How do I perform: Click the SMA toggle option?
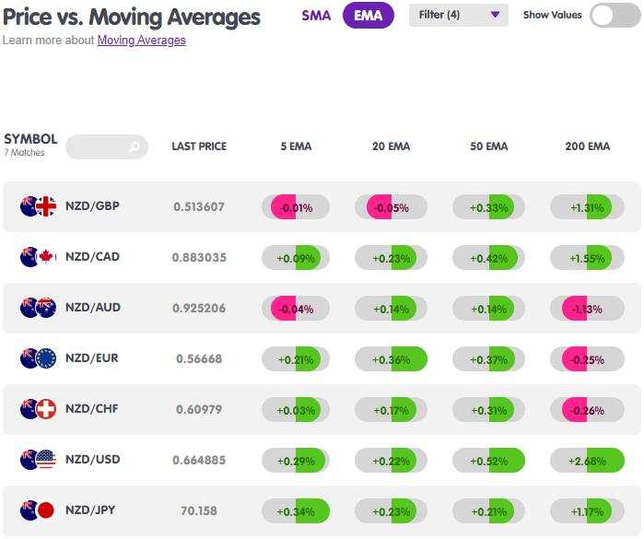(x=316, y=16)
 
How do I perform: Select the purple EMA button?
(x=368, y=16)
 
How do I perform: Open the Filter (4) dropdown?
(x=459, y=15)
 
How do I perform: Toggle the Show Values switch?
(x=615, y=15)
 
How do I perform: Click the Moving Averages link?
(x=141, y=41)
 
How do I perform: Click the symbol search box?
(x=106, y=146)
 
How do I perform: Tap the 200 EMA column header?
(x=587, y=146)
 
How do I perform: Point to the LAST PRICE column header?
(x=199, y=146)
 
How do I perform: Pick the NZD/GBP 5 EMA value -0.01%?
(x=296, y=207)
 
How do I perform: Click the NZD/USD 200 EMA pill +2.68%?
(x=587, y=461)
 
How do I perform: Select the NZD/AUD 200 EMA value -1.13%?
(x=587, y=309)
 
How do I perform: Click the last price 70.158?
(x=199, y=510)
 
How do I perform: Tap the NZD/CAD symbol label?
(x=92, y=257)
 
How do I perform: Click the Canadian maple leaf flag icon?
(x=47, y=257)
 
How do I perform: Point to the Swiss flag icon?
(x=46, y=409)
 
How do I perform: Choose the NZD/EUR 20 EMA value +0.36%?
(x=391, y=359)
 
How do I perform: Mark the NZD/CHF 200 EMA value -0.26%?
(x=587, y=410)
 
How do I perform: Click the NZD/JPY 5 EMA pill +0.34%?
(x=296, y=511)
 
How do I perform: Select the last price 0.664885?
(x=199, y=460)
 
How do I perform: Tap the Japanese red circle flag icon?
(x=46, y=510)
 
